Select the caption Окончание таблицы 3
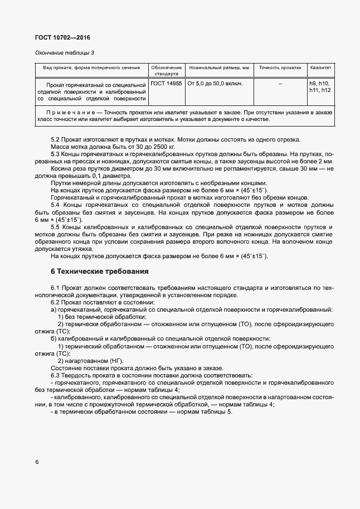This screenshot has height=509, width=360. pyautogui.click(x=65, y=52)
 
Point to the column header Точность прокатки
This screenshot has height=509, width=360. pyautogui.click(x=280, y=67)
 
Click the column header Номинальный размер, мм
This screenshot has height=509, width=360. pyautogui.click(x=219, y=67)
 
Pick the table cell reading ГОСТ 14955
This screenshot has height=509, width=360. pyautogui.click(x=166, y=83)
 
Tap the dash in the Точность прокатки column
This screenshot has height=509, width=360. pyautogui.click(x=280, y=83)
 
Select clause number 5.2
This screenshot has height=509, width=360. pyautogui.click(x=55, y=139)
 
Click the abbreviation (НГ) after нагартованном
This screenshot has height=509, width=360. pyautogui.click(x=118, y=361)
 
